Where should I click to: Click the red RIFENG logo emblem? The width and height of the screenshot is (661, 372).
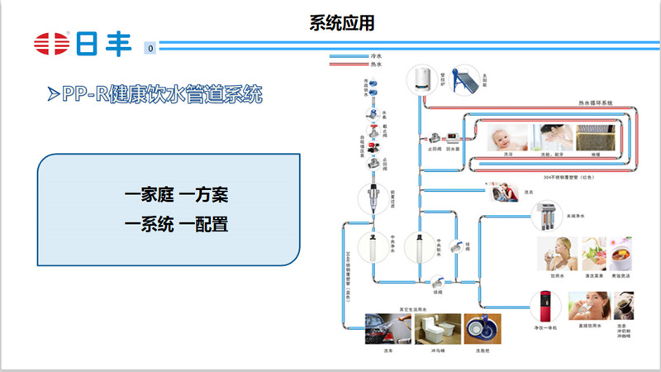(51, 44)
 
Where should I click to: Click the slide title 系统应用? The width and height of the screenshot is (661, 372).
(330, 21)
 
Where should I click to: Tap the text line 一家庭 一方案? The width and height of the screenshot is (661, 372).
(176, 195)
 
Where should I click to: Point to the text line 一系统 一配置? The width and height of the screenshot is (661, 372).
(176, 223)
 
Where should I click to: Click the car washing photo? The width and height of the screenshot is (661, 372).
(387, 328)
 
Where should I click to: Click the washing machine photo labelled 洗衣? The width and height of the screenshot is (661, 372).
(505, 192)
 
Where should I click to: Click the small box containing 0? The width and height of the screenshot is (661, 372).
(150, 49)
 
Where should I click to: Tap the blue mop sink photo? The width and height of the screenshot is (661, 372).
(482, 328)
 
